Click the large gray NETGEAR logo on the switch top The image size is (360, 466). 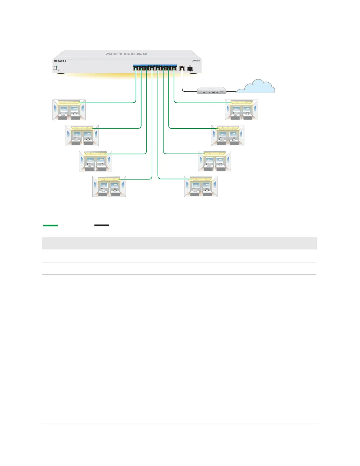127,54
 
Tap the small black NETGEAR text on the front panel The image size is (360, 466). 60,61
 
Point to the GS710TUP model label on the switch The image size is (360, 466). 196,61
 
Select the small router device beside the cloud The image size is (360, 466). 212,91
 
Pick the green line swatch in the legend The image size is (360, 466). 50,225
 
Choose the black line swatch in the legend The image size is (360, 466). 102,225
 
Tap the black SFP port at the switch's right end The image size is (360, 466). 190,69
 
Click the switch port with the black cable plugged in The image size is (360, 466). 182,68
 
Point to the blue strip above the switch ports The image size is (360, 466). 155,65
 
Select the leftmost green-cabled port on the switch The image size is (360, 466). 135,69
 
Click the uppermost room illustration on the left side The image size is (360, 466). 69,110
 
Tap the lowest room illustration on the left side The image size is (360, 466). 109,186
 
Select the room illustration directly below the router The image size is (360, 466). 241,110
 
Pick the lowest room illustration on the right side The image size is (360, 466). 201,186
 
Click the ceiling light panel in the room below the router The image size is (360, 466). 241,102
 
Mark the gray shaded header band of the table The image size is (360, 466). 179,243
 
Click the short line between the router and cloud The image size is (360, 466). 231,91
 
